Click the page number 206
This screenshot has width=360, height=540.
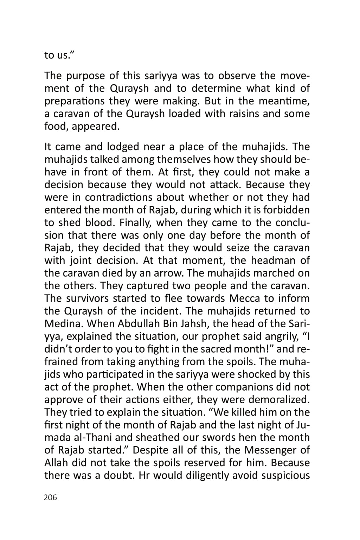click(50, 497)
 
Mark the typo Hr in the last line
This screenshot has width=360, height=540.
click(144, 476)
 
